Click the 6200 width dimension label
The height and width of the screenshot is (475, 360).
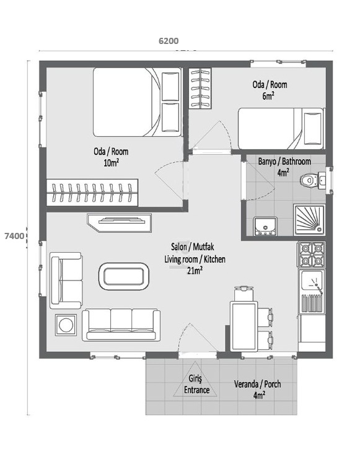point(169,41)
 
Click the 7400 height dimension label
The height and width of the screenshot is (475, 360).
point(14,236)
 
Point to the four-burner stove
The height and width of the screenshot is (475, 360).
point(311,255)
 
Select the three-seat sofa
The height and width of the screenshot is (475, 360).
point(121,324)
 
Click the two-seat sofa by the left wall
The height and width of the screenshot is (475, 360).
point(66,280)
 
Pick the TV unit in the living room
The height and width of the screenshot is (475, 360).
point(120,222)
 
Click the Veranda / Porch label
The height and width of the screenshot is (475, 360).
point(257,389)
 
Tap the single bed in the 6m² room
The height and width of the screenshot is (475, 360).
point(281,128)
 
